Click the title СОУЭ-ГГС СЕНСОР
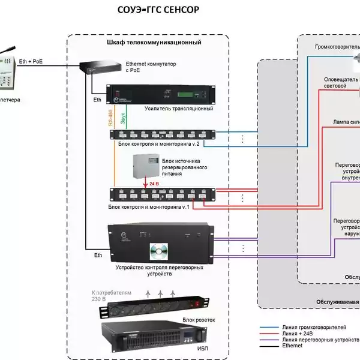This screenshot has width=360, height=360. pos(157,10)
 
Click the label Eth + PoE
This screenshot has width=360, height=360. pos(31,61)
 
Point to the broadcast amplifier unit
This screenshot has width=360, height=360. pos(160,94)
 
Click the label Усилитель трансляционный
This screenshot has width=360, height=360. pos(179,109)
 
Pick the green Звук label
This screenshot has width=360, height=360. pos(124,117)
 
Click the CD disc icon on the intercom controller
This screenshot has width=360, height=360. pos(158,251)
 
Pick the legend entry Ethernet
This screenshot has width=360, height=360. pos(292,346)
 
